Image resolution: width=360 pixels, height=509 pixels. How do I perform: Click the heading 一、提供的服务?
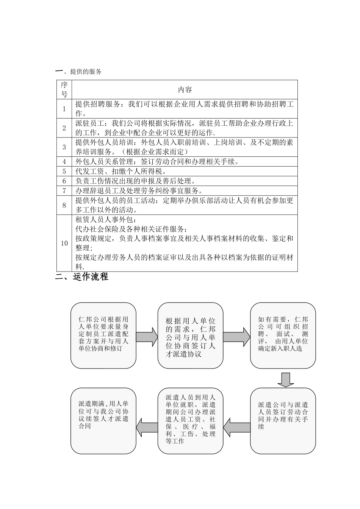78,72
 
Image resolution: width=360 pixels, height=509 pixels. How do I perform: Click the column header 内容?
185,90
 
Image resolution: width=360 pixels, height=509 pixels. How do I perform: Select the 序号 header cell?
64,90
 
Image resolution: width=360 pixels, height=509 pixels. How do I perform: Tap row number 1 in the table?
64,109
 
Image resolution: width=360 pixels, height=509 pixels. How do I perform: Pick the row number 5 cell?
64,172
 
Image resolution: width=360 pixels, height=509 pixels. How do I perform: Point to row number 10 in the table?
64,243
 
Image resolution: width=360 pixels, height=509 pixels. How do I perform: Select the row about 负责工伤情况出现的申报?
136,181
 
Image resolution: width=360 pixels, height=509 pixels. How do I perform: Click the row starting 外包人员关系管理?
157,162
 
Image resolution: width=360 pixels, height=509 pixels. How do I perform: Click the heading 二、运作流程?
82,277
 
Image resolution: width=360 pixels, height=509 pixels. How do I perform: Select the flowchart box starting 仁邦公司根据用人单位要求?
103,335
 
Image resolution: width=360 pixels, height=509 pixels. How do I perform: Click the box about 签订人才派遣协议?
190,335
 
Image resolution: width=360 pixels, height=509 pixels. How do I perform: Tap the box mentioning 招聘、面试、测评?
283,335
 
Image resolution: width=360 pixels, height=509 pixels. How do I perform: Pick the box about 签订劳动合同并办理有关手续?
283,420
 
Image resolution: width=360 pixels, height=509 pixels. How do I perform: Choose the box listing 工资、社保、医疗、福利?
190,420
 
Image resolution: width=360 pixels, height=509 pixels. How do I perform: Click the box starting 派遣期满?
103,420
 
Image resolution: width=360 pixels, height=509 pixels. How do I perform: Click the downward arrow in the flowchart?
285,379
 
